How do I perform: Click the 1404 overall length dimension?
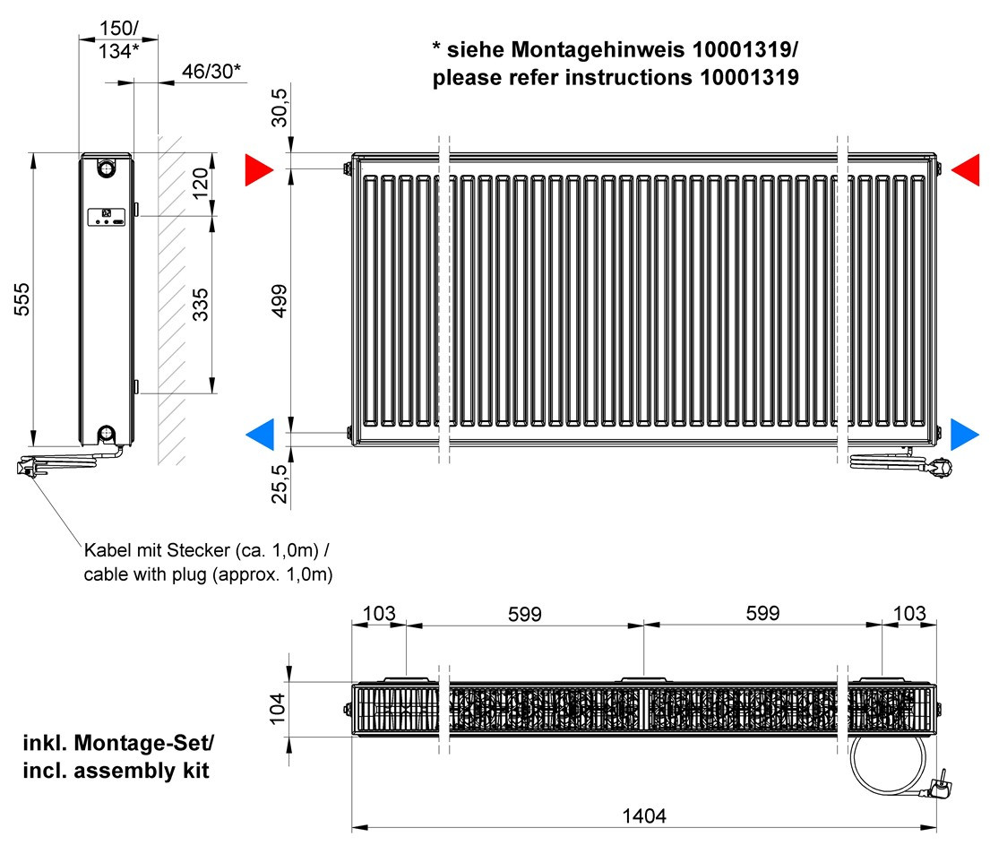click(x=644, y=815)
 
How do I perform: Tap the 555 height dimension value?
click(x=22, y=299)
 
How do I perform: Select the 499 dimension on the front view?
click(x=279, y=301)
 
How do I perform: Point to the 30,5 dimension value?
click(x=279, y=108)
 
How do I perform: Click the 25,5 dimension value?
click(x=279, y=484)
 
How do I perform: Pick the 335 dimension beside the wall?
click(x=200, y=305)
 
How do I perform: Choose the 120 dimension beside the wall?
click(x=200, y=184)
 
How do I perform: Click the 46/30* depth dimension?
click(x=211, y=72)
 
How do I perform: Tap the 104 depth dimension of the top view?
click(x=277, y=708)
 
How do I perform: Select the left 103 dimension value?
click(x=379, y=613)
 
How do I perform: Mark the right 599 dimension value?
click(x=762, y=613)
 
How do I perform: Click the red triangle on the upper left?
click(x=259, y=169)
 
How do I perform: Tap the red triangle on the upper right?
click(x=966, y=169)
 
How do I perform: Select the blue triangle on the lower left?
click(x=260, y=435)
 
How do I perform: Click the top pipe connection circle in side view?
click(x=106, y=168)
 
